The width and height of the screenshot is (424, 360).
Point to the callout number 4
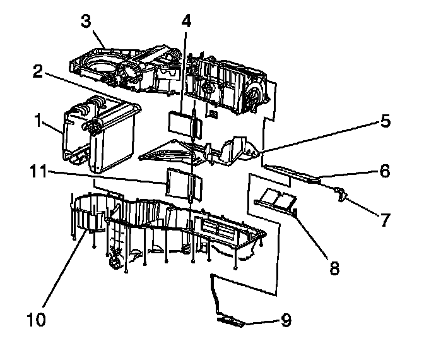point(185,20)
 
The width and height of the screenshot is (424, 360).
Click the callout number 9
point(286,321)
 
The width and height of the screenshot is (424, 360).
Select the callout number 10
point(37,320)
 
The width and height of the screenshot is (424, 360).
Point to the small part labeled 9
point(231,322)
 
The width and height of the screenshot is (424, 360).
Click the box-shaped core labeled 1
point(101,136)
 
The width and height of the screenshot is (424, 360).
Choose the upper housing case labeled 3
point(170,76)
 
